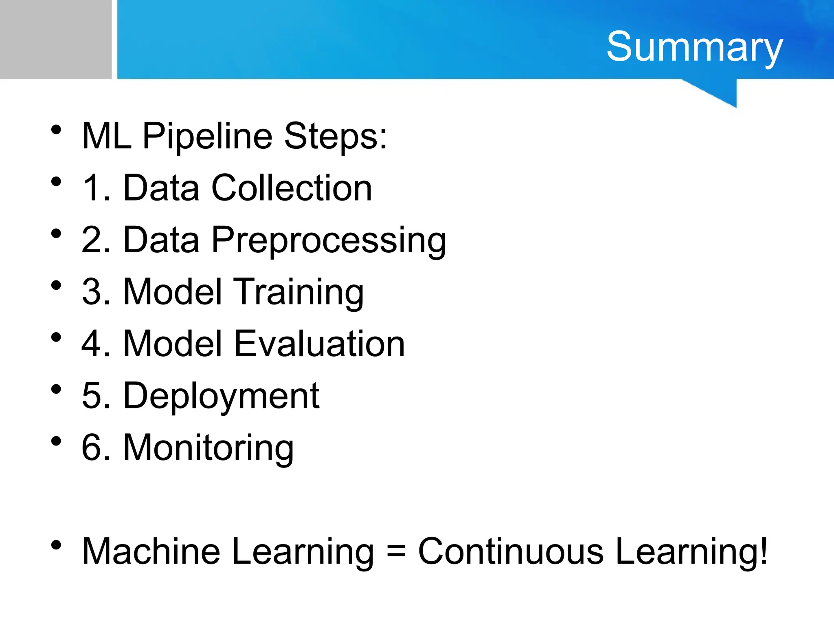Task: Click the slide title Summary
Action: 694,47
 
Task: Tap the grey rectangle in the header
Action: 55,39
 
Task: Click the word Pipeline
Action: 207,137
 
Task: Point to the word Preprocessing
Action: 329,240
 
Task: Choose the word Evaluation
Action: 320,344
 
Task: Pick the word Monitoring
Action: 208,448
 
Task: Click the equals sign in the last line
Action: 396,552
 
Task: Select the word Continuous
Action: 511,551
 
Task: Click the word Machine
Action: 151,551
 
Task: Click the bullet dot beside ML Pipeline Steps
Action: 56,130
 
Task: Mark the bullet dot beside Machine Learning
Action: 56,545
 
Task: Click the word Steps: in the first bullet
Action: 335,137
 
